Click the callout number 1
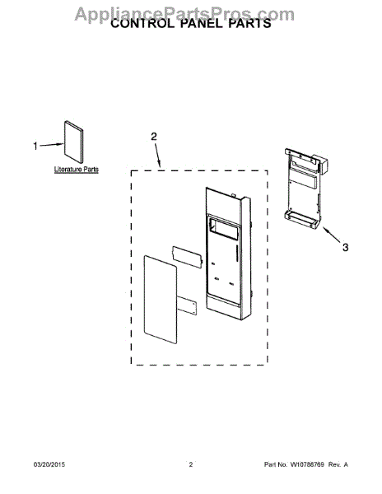point(35,147)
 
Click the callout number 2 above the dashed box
point(154,137)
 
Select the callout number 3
point(346,247)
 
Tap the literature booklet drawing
point(74,142)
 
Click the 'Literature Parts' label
point(77,170)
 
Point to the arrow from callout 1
point(52,145)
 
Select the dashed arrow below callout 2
point(158,155)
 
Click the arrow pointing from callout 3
point(331,235)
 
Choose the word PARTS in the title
point(249,24)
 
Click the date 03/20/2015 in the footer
point(49,464)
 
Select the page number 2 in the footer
point(190,464)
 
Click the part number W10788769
point(307,464)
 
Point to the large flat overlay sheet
point(161,300)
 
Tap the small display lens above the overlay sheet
point(187,257)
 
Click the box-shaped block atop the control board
point(319,163)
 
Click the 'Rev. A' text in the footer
point(338,464)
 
